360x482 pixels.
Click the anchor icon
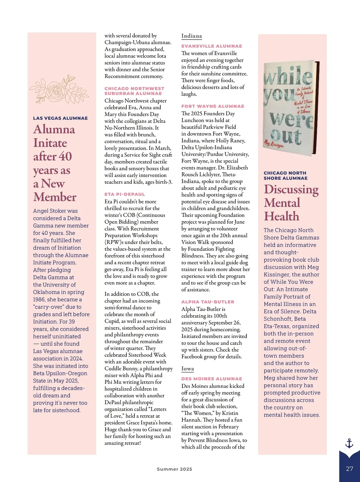(x=349, y=443)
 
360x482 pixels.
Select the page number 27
(x=349, y=469)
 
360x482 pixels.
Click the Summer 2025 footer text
(x=174, y=469)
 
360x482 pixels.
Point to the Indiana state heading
(x=191, y=36)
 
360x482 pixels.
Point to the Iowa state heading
(x=187, y=369)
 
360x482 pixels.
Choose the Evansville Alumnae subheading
(x=211, y=46)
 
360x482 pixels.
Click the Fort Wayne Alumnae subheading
(x=213, y=106)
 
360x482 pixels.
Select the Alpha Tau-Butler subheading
(x=208, y=302)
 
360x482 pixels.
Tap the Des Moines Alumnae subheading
(x=211, y=379)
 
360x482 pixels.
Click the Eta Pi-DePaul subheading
(x=124, y=194)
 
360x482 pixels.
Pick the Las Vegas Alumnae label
(x=60, y=118)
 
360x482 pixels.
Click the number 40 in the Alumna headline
(x=65, y=156)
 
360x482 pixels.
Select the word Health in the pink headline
(x=281, y=216)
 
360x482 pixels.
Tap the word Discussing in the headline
(x=291, y=189)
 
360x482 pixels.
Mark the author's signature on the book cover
(x=273, y=144)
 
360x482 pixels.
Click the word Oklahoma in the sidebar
(x=46, y=292)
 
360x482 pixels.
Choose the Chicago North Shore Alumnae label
(x=285, y=176)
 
